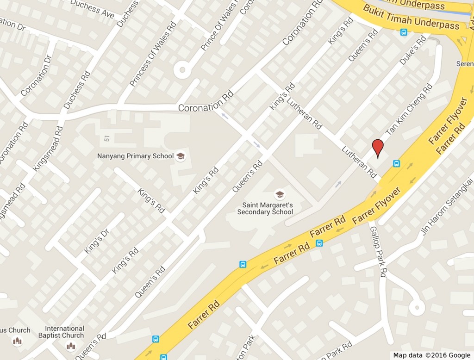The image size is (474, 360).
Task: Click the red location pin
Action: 378,148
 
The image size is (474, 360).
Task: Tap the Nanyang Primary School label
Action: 135,156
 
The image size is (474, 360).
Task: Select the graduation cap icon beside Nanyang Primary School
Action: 180,156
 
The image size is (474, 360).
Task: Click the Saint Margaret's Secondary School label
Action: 265,208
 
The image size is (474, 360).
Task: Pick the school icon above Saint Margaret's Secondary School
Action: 279,194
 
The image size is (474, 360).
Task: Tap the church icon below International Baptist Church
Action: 70,345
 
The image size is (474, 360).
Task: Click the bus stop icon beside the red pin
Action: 396,163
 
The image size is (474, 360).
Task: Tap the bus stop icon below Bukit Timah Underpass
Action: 404,32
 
